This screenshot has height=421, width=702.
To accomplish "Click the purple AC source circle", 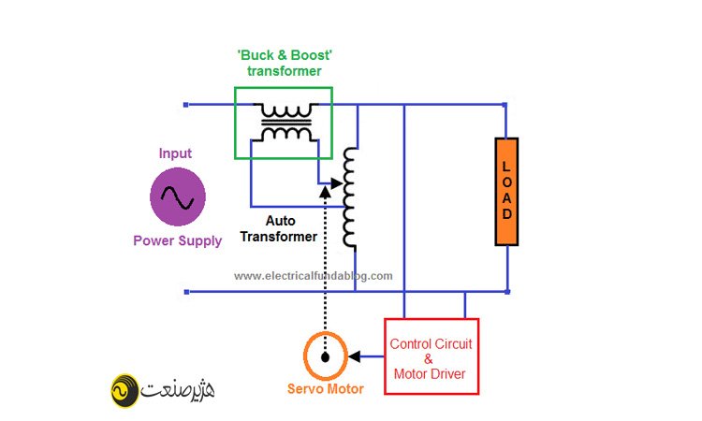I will click(178, 196).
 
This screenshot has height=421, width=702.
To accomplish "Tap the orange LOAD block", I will click(506, 192).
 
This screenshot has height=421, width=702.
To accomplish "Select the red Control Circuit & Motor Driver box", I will click(431, 356).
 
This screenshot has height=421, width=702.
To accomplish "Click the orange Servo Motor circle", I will click(326, 356).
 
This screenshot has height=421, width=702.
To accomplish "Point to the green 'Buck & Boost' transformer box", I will click(283, 123).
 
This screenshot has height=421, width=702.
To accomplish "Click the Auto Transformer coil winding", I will click(350, 198).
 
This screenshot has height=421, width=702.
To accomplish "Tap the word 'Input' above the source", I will click(175, 153).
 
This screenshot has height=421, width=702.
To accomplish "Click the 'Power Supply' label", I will click(178, 240).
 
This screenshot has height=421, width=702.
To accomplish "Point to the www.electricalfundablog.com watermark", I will click(314, 276).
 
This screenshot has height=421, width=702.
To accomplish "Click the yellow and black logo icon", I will click(124, 388).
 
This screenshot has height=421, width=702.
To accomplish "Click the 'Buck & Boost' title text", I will click(285, 54).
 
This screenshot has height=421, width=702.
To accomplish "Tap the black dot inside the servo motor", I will click(325, 357).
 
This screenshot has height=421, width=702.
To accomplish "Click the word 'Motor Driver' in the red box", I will click(431, 374).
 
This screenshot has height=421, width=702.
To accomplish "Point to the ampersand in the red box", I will click(430, 359).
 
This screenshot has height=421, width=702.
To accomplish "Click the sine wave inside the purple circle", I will click(178, 196).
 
